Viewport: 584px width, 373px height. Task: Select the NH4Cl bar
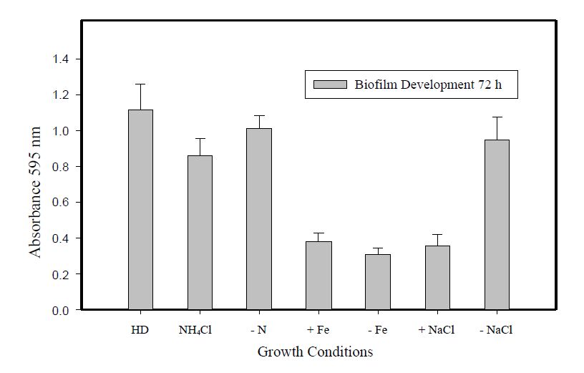(x=200, y=233)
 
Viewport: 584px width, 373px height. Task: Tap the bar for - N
(x=259, y=219)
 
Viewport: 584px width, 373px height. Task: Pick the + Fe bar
(x=318, y=276)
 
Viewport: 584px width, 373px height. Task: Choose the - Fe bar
(x=378, y=282)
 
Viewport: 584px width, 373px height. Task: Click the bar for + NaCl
(x=437, y=278)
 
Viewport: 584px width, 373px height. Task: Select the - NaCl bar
(x=497, y=225)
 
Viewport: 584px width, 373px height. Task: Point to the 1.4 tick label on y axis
(x=61, y=59)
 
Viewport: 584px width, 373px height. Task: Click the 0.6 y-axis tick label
(x=61, y=203)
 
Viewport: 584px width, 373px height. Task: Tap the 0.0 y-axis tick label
(x=61, y=311)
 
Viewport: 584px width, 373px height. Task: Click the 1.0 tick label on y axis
(x=61, y=131)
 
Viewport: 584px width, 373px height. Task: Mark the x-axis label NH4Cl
(x=197, y=331)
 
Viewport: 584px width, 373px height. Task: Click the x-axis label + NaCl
(x=437, y=330)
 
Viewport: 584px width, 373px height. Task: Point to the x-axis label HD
(x=140, y=330)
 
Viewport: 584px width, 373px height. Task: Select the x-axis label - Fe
(x=378, y=330)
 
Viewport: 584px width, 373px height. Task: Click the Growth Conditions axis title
(x=315, y=352)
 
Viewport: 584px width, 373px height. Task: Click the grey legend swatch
(x=330, y=85)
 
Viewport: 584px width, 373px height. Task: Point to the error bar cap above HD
(x=140, y=84)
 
